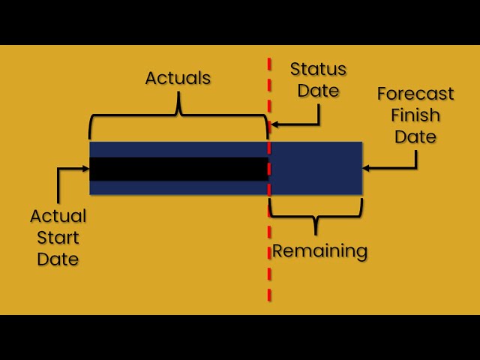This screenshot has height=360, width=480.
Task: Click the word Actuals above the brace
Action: [x=178, y=78]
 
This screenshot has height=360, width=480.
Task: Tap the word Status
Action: [x=318, y=69]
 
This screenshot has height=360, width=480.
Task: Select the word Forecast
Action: [x=415, y=93]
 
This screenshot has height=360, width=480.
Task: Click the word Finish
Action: [x=415, y=115]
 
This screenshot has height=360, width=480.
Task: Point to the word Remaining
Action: [x=319, y=250]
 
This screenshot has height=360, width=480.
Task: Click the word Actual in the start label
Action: [x=58, y=216]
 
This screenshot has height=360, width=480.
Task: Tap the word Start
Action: [x=58, y=238]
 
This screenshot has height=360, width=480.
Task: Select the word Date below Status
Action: [x=318, y=91]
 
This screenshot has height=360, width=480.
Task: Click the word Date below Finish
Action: [x=415, y=136]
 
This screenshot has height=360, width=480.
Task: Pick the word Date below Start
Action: [x=58, y=259]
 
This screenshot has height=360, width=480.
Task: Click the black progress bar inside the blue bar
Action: [x=178, y=169]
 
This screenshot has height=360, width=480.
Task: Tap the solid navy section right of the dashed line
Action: [x=316, y=168]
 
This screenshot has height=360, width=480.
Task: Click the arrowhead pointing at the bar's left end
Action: [x=85, y=168]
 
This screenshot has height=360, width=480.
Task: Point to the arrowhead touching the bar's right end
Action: [x=366, y=168]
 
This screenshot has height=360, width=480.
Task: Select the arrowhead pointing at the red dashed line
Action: [x=274, y=124]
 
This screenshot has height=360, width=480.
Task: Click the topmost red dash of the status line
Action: [x=269, y=64]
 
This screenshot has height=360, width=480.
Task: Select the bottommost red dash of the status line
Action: [x=269, y=295]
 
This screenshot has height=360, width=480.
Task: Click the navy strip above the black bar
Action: [x=178, y=150]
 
